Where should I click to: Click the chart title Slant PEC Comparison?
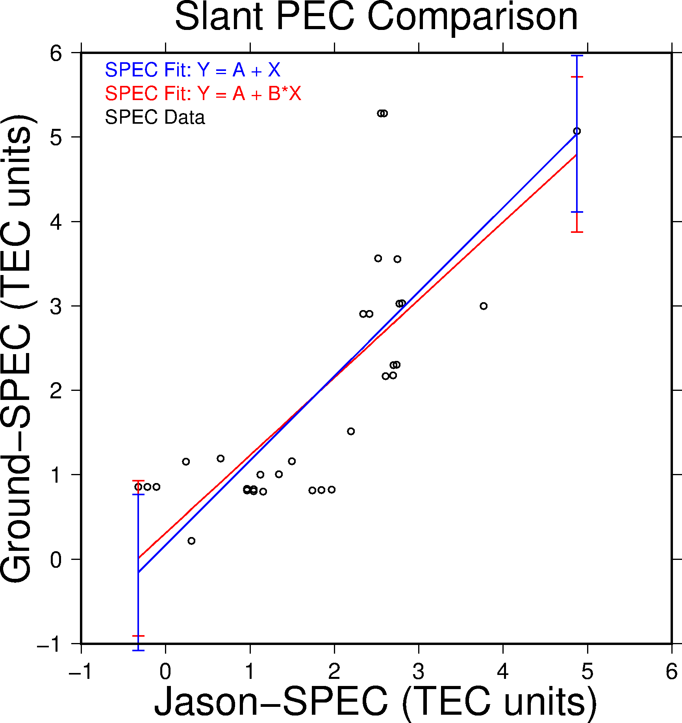(376, 17)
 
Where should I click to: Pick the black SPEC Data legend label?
(155, 117)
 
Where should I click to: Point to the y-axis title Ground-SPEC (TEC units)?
(17, 348)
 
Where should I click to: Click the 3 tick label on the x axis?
(418, 672)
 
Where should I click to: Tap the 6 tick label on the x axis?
(671, 672)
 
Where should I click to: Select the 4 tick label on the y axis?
(56, 222)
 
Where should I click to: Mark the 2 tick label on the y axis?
(56, 390)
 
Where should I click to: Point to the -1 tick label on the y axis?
(49, 644)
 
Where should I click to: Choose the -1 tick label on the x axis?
(81, 672)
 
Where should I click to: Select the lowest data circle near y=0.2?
(191, 541)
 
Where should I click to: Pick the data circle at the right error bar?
(577, 131)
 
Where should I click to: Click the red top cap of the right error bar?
(577, 77)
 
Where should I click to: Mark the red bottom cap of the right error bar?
(577, 232)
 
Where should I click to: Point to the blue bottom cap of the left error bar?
(138, 650)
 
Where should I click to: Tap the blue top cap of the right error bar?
(577, 56)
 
